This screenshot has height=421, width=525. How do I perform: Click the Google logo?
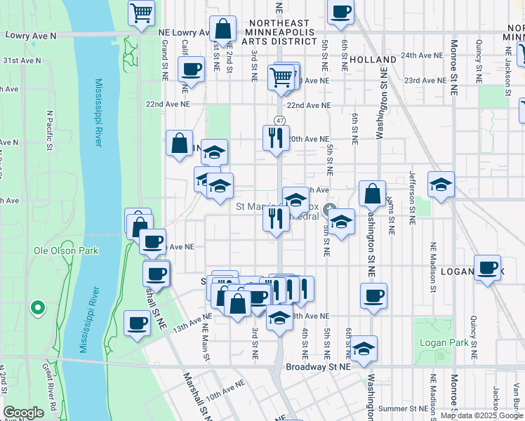pos(23,413)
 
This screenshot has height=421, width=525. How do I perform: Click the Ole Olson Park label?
pos(66,250)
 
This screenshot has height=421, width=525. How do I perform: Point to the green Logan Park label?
pos(439,342)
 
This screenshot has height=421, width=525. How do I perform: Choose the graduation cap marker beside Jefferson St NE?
pos(441,185)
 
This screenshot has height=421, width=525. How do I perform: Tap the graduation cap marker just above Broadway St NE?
pos(364,349)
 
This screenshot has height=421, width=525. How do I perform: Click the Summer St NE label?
pos(402,408)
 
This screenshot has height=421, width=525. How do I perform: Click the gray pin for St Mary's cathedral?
pos(329,209)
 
